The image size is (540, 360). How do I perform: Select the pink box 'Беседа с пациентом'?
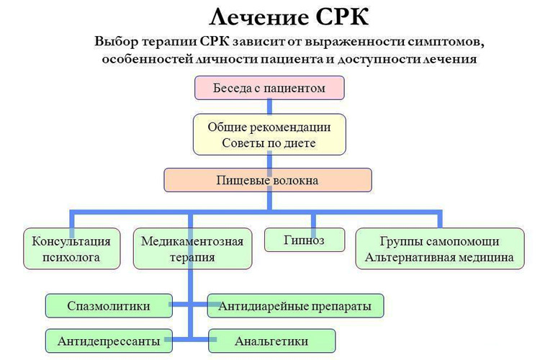(269, 89)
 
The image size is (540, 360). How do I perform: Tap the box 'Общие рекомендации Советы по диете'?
(269, 135)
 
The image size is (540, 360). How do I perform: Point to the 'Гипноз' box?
(305, 240)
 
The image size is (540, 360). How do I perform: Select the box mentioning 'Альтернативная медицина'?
(439, 249)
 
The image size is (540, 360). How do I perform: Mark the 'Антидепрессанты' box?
(109, 341)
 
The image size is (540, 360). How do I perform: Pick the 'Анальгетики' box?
(272, 341)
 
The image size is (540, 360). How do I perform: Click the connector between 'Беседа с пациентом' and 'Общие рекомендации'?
(269, 107)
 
